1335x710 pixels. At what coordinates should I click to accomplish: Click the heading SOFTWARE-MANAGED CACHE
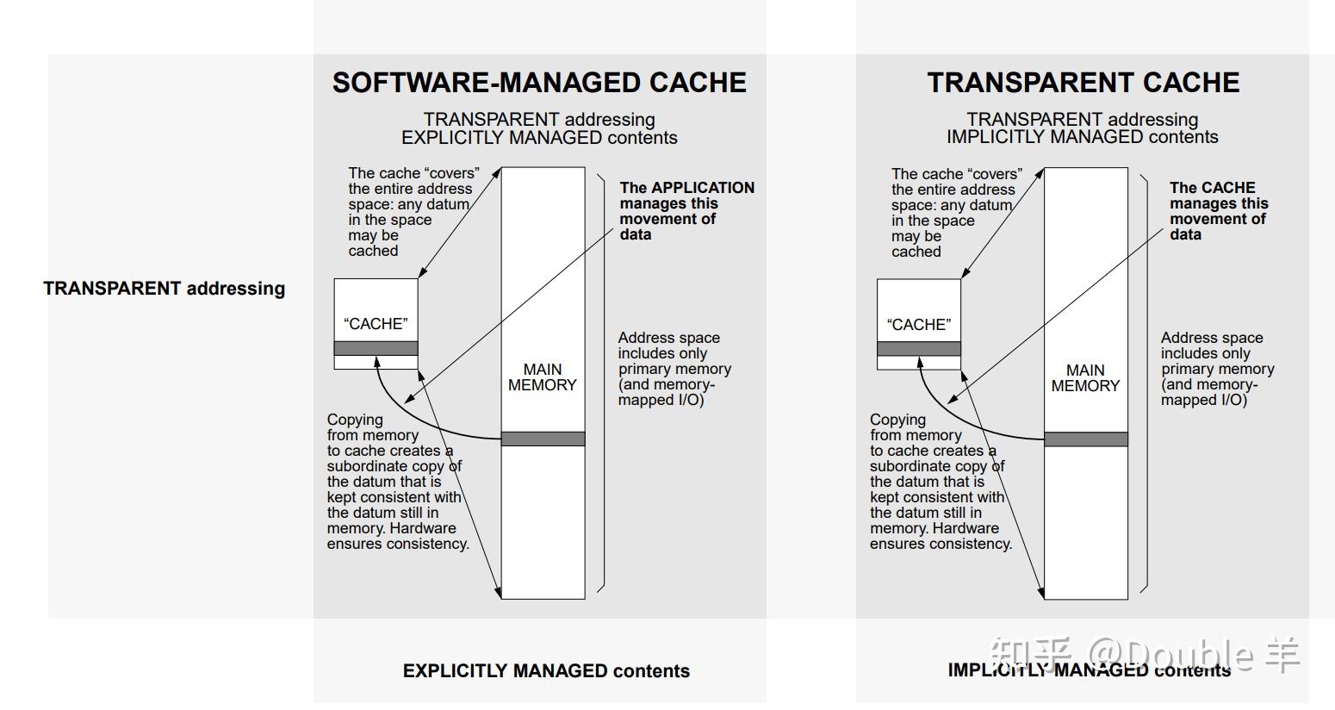[x=539, y=83]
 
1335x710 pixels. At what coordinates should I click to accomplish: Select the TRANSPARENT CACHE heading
[x=1083, y=83]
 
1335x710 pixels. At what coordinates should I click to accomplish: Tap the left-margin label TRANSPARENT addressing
[x=164, y=289]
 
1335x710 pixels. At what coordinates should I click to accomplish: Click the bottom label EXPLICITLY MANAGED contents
[x=546, y=671]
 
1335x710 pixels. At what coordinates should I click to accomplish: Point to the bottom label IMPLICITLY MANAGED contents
[x=1089, y=670]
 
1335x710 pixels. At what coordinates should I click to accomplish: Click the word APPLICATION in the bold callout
[x=702, y=188]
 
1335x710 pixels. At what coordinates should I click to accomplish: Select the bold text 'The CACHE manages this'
[x=1218, y=196]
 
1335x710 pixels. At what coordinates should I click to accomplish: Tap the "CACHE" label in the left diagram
[x=376, y=324]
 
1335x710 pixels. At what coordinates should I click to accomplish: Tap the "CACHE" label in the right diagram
[x=918, y=325]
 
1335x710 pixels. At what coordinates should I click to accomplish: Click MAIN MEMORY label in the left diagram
[x=543, y=377]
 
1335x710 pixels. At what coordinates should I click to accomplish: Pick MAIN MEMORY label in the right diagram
[x=1085, y=378]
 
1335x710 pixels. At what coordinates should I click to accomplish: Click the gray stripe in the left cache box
[x=376, y=348]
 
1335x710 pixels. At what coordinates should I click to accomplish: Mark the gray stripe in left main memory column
[x=543, y=439]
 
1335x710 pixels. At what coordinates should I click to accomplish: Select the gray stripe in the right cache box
[x=918, y=349]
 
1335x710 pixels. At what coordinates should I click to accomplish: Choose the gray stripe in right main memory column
[x=1085, y=439]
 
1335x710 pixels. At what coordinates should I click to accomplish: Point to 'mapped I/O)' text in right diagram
[x=1203, y=400]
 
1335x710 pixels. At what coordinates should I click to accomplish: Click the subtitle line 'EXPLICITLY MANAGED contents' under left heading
[x=539, y=138]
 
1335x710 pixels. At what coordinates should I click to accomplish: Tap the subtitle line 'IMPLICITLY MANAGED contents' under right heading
[x=1082, y=137]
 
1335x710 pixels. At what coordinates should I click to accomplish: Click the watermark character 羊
[x=1282, y=656]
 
